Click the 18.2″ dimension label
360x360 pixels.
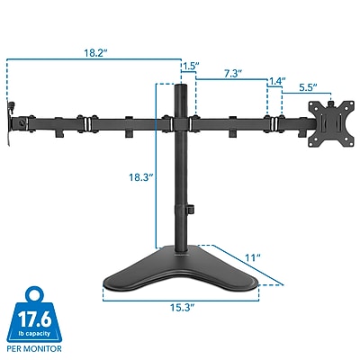(x=95, y=53)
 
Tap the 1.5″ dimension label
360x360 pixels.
(x=191, y=66)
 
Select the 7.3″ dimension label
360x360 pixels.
(x=233, y=74)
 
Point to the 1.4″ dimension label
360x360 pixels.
(x=277, y=81)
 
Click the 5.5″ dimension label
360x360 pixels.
(x=308, y=87)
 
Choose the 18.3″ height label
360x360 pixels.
(x=141, y=177)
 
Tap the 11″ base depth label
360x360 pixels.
(x=253, y=257)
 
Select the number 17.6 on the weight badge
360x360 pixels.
(x=34, y=319)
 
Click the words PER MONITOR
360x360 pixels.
(x=34, y=348)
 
